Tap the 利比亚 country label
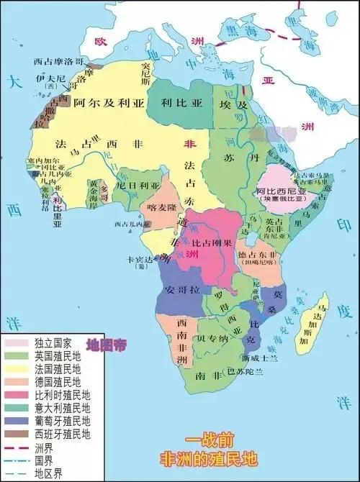click(x=180, y=103)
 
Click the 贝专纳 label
click(x=213, y=338)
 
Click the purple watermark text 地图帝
click(x=106, y=344)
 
